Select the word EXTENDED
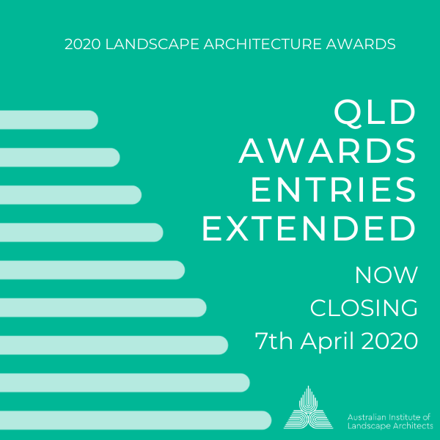pos(309,229)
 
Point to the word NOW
pos(386,275)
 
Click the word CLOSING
pos(364,308)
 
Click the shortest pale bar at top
pos(48,120)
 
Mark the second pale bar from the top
pos(59,157)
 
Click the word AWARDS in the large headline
pos(327,151)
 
